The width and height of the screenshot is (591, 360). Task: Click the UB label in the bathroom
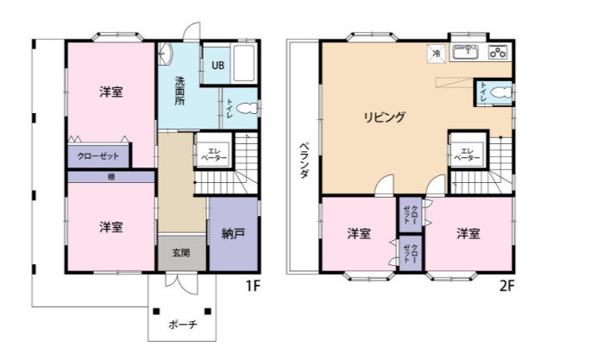218,66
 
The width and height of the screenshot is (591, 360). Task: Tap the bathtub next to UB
243,63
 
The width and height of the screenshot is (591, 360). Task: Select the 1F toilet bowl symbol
246,109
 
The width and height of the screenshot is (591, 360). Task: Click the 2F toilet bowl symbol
501,92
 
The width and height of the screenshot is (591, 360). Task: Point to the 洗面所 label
179,91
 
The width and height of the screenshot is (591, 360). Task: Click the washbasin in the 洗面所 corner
165,54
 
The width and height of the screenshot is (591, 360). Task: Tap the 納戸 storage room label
233,234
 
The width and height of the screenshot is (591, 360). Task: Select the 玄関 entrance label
181,253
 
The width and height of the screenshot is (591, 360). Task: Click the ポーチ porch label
182,325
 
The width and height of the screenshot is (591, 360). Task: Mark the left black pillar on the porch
156,312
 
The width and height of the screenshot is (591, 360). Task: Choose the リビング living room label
384,117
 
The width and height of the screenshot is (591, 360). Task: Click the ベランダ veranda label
305,161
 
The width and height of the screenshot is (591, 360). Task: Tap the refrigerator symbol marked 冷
437,54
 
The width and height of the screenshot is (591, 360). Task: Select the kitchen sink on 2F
466,52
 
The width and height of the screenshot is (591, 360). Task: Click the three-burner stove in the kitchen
499,52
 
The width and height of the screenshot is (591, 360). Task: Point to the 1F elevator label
214,155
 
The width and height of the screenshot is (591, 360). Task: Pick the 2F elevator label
467,155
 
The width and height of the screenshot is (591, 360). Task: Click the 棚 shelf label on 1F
111,176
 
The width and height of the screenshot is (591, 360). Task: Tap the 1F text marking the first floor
254,286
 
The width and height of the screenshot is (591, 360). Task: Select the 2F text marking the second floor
506,286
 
